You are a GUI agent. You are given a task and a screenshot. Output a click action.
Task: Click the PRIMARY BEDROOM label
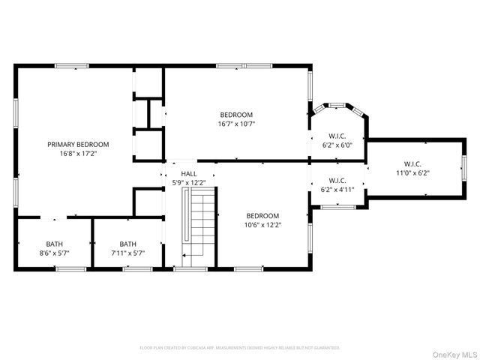click(x=78, y=144)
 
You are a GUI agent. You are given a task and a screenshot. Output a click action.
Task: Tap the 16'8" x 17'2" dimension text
click(x=78, y=153)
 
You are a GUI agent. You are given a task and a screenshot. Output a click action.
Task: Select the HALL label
click(x=189, y=173)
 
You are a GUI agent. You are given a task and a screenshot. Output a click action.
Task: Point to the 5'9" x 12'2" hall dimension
click(x=189, y=182)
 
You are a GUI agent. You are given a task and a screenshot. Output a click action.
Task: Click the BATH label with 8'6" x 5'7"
click(x=55, y=244)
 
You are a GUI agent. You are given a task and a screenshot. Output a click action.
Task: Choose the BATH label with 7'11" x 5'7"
click(x=127, y=244)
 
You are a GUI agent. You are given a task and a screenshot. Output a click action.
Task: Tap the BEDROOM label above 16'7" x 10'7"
click(x=236, y=115)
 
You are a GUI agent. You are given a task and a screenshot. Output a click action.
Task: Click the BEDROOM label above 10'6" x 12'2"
click(x=262, y=215)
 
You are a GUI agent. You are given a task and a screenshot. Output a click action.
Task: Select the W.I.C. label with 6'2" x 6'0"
click(x=337, y=136)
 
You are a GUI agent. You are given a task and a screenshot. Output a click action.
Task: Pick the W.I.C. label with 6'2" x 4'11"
click(x=337, y=180)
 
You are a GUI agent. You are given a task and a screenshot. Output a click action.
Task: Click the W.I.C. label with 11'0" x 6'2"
click(x=412, y=163)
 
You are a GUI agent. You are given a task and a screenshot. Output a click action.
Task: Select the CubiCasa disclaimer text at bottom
click(x=240, y=348)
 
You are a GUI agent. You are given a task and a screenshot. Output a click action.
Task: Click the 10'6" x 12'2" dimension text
click(x=262, y=224)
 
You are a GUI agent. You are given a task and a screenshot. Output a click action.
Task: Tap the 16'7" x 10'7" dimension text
click(x=236, y=124)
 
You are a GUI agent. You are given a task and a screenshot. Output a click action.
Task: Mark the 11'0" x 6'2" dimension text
click(x=412, y=172)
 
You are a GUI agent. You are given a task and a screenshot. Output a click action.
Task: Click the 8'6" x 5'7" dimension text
click(x=55, y=253)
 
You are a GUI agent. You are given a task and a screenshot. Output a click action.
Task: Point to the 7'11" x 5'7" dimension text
click(x=127, y=253)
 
